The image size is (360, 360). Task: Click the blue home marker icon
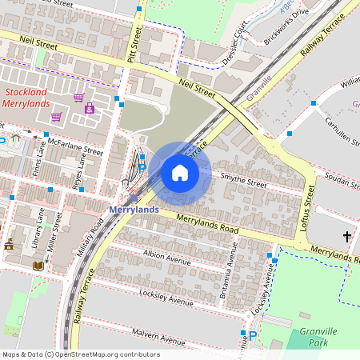pyautogui.click(x=180, y=172)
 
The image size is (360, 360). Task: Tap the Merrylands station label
pyautogui.click(x=133, y=210)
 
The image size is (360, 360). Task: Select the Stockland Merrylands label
pyautogui.click(x=26, y=98)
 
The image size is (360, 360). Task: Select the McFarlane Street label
pyautogui.click(x=76, y=146)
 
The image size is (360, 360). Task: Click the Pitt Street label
pyautogui.click(x=134, y=45)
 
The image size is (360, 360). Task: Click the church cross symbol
pyautogui.click(x=347, y=237)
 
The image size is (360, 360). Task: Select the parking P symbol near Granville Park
pyautogui.click(x=253, y=336)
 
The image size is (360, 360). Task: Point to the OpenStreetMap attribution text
pyautogui.click(x=80, y=354)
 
